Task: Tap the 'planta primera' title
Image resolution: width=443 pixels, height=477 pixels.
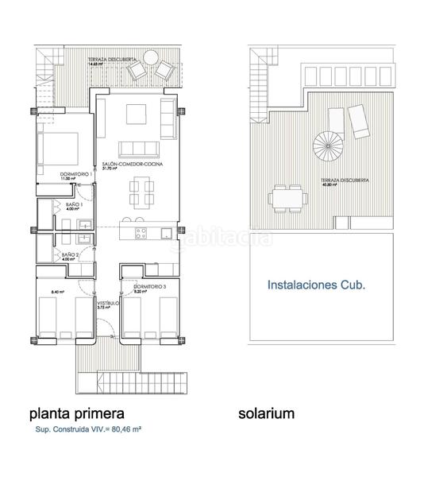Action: click(76, 413)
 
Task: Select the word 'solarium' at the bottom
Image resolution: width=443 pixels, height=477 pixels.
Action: click(266, 413)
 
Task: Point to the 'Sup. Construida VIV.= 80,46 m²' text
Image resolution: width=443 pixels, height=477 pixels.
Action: click(88, 429)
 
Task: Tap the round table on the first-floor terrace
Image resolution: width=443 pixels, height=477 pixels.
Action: click(149, 58)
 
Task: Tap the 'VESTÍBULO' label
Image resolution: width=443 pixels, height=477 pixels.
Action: click(108, 303)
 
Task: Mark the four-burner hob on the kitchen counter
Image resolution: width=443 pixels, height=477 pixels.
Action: click(142, 233)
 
